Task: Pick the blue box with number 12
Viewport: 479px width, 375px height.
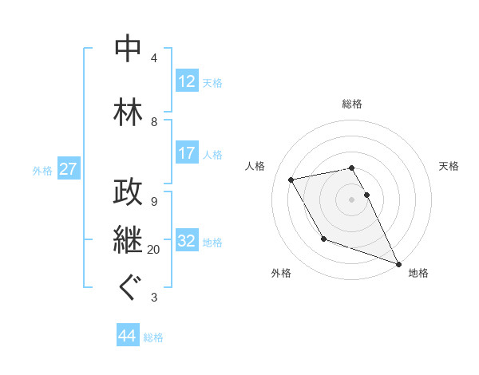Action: pos(186,81)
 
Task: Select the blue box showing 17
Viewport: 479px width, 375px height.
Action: pos(186,153)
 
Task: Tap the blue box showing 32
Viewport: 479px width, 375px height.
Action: pos(186,241)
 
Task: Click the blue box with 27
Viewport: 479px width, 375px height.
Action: pos(68,169)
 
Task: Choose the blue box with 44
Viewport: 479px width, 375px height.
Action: pos(127,336)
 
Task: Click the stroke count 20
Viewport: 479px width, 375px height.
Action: pos(153,250)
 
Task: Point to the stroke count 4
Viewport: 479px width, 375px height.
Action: pos(153,58)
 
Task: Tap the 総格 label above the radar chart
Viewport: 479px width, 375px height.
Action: pos(352,104)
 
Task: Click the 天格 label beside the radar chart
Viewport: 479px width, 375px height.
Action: pos(449,166)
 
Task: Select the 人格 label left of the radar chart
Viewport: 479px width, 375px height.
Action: pos(255,166)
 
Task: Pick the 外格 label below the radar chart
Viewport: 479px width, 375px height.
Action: pos(281,273)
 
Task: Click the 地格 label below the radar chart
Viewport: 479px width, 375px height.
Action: pos(418,273)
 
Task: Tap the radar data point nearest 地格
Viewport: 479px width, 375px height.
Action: pos(398,264)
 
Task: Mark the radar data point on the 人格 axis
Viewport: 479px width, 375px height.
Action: pos(291,180)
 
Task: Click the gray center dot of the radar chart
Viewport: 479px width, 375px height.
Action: pos(352,199)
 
